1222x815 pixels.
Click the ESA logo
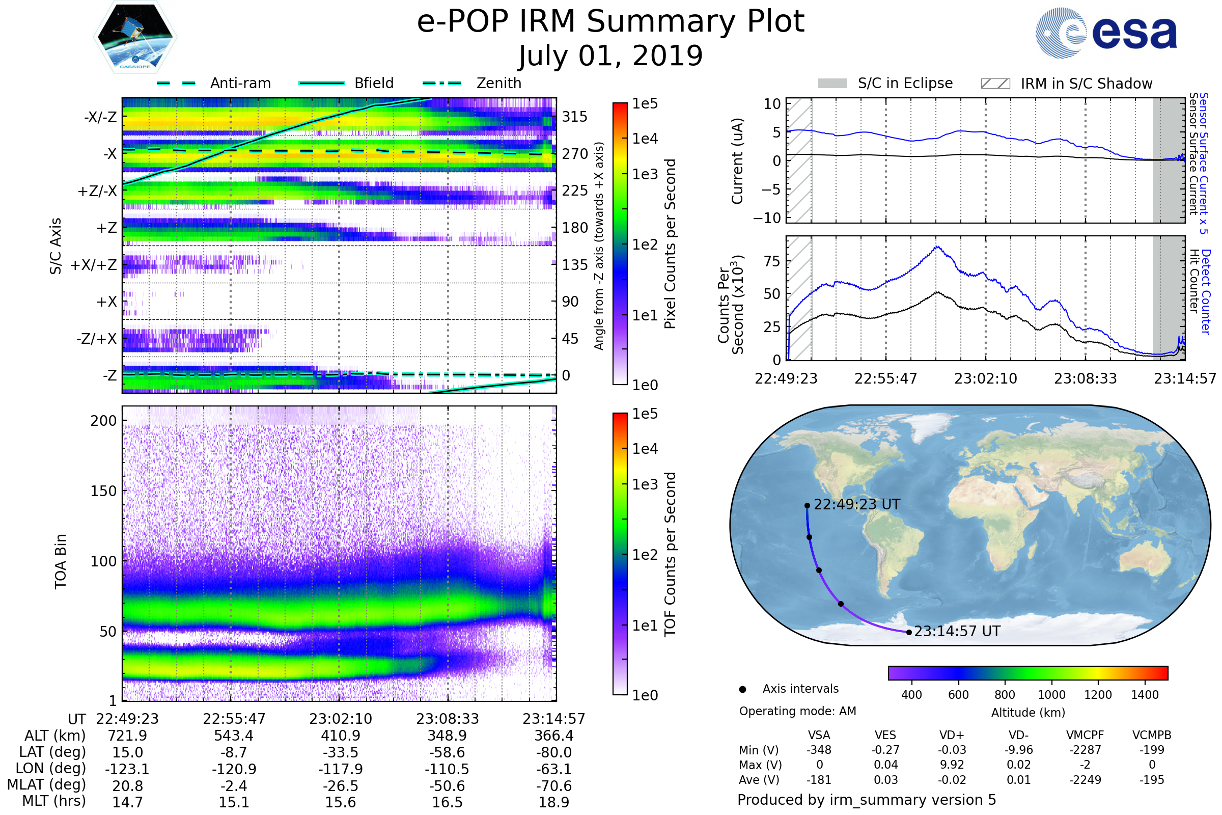pos(1106,32)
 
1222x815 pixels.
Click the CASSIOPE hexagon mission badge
pos(135,37)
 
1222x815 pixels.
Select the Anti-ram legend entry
pos(213,83)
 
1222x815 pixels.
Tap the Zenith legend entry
pos(472,83)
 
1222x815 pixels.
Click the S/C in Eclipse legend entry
pos(885,83)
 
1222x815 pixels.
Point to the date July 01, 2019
pos(610,56)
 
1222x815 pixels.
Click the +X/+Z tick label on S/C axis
pos(94,265)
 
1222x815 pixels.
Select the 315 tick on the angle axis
pos(575,117)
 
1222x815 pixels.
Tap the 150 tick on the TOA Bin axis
pos(103,491)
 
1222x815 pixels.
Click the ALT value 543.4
pos(234,736)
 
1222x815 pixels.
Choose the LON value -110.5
pos(447,769)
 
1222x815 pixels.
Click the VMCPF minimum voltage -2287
pos(1086,750)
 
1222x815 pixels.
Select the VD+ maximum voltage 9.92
pos(952,765)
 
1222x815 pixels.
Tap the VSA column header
pos(819,736)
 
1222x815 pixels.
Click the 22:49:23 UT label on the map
pos(857,505)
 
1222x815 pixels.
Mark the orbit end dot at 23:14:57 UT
pos(909,633)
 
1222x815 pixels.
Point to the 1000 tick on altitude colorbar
pos(1051,695)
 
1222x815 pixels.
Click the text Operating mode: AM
pos(797,711)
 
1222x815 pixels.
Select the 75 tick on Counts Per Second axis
pos(772,261)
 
